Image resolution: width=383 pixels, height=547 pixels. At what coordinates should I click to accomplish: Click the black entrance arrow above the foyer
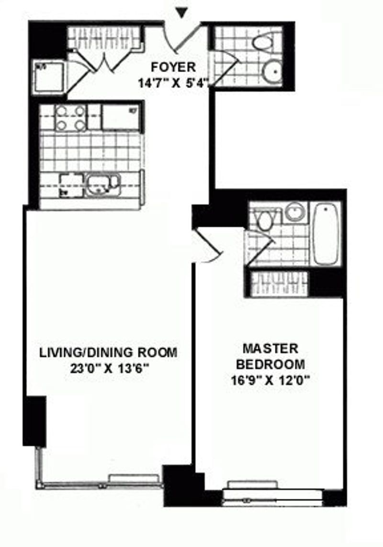180,13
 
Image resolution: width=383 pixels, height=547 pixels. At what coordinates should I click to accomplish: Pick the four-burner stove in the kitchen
70,118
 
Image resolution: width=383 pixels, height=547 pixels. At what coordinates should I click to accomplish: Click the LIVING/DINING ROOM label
108,353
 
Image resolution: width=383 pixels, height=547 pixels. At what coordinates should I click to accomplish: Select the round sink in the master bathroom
294,212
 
